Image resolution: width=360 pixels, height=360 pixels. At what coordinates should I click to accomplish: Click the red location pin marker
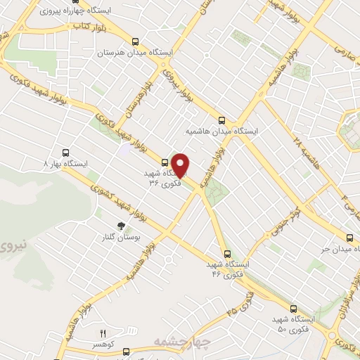click(181, 165)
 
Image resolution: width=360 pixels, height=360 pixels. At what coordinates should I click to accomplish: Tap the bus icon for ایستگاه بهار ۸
click(66, 152)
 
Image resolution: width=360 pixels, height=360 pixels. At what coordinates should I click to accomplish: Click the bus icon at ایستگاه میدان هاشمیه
click(222, 120)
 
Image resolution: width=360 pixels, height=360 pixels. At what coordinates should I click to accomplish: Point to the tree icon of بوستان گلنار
click(121, 226)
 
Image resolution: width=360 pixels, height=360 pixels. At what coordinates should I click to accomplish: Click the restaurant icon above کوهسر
click(102, 333)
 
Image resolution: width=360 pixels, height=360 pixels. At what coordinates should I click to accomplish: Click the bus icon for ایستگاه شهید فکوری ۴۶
click(226, 254)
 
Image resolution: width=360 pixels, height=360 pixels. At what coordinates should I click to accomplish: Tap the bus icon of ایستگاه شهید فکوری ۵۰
click(292, 309)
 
